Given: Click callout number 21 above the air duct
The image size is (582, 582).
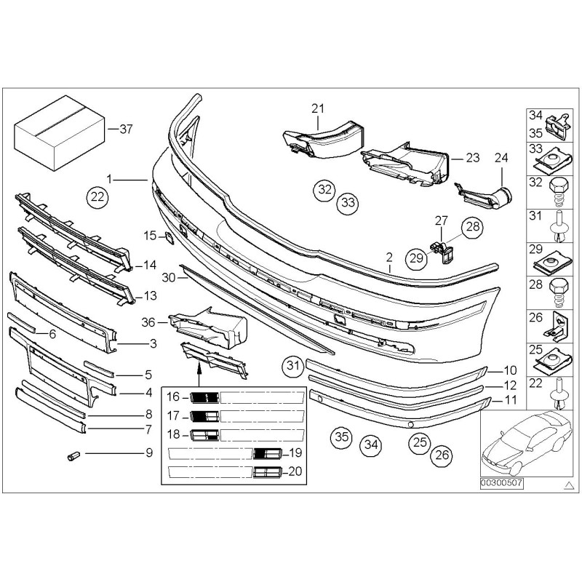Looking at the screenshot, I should pyautogui.click(x=316, y=109).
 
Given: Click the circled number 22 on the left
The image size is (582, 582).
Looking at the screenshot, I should pyautogui.click(x=97, y=195).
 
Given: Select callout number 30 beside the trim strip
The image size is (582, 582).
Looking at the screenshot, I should pyautogui.click(x=169, y=278).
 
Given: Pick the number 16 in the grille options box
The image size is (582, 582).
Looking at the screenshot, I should pyautogui.click(x=172, y=396).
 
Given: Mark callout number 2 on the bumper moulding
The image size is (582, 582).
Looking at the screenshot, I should pyautogui.click(x=389, y=257).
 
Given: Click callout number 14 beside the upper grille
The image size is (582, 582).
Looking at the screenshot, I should pyautogui.click(x=150, y=266).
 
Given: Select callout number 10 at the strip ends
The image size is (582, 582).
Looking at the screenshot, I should pyautogui.click(x=509, y=370).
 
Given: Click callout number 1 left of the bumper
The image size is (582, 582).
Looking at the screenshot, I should pyautogui.click(x=109, y=178).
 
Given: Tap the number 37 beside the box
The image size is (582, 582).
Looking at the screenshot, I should pyautogui.click(x=126, y=129).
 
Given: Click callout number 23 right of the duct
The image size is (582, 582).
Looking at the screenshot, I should pyautogui.click(x=473, y=157).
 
